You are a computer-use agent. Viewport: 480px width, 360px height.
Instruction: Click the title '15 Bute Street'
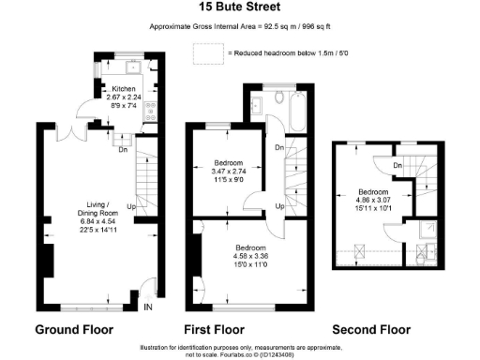[x=239, y=7]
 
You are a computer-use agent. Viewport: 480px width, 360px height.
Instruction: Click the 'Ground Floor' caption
[x=74, y=330]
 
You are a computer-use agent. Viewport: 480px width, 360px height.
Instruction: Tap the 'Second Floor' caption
[x=372, y=330]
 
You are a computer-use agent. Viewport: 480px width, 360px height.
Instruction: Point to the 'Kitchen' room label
[x=125, y=86]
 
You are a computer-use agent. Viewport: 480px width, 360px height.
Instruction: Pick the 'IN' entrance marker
[x=147, y=306]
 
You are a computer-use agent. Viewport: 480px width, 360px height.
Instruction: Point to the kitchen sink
[x=132, y=67]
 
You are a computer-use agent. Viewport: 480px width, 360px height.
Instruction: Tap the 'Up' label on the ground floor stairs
[x=131, y=207]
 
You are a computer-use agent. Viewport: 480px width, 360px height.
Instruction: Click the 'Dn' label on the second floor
[x=397, y=166]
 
